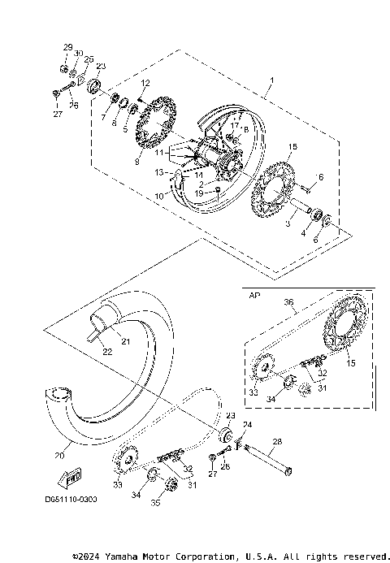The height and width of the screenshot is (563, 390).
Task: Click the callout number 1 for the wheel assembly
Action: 272,80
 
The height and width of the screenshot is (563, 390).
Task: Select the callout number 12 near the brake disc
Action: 145,84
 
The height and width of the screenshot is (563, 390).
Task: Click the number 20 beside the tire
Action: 58,455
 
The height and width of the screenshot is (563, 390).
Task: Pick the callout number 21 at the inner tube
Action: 125,342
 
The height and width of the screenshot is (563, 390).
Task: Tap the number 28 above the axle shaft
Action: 277,441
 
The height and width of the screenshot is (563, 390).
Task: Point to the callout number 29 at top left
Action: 68,46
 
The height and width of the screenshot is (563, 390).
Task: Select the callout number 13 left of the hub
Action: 160,172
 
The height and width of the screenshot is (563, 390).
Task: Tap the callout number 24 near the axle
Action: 248,424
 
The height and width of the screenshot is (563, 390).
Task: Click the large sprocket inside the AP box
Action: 344,333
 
